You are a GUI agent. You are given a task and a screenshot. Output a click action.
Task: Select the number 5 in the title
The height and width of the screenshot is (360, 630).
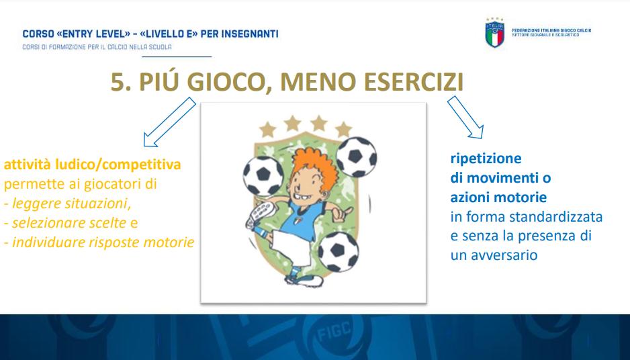coord(118,82)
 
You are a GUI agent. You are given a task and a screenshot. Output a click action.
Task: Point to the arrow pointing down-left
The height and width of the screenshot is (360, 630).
coord(169,122)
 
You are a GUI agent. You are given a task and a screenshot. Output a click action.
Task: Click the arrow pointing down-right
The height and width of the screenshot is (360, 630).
coord(465,118)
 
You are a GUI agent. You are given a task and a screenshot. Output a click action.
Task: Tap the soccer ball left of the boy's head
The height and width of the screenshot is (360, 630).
coord(263,176)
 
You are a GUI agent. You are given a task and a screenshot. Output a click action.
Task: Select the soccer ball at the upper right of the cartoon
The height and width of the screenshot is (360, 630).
coord(356,156)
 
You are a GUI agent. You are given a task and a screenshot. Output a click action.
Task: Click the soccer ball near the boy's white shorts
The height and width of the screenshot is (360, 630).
coord(339,252)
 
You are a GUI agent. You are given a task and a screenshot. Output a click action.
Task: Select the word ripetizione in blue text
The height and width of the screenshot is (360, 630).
coord(486,159)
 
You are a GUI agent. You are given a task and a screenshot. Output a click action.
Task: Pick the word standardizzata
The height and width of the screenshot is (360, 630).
coord(555,217)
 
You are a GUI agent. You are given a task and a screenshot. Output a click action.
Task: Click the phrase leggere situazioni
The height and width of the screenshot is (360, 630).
coord(71,204)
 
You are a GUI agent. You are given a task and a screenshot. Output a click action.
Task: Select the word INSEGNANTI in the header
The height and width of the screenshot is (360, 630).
coord(249,34)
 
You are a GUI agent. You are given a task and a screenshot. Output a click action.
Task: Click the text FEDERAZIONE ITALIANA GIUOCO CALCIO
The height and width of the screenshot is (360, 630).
coord(551,30)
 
